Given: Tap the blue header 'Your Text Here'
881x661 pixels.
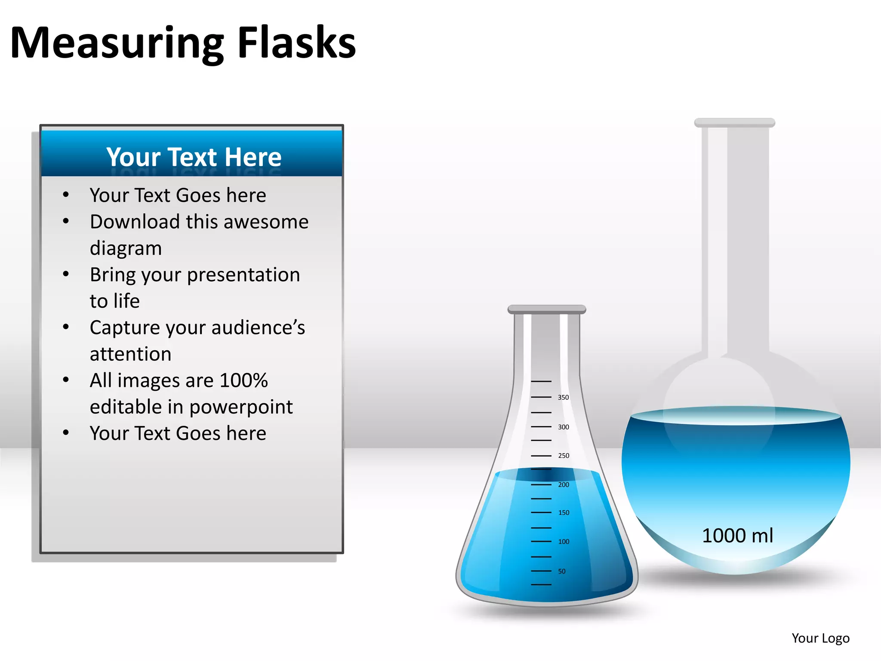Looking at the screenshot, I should [x=194, y=157].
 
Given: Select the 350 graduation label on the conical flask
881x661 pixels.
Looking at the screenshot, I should [x=563, y=397].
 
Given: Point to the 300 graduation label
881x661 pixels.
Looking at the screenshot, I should [x=563, y=427].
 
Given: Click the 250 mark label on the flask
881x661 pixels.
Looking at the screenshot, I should [x=564, y=455].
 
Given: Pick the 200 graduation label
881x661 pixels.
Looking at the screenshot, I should [x=564, y=485].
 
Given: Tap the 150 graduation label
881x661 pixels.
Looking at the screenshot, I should [x=564, y=513].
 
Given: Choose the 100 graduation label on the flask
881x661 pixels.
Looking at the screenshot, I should [x=564, y=541].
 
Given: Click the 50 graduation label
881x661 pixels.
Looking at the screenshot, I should [x=562, y=571].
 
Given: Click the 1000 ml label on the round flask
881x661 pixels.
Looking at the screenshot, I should [x=737, y=536].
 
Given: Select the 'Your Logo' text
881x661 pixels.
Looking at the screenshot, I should [x=820, y=638].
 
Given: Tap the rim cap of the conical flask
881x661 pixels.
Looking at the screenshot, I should [x=546, y=309].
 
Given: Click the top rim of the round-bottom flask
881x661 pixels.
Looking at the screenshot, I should [x=734, y=123].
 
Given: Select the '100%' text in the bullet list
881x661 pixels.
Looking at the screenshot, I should [x=243, y=380].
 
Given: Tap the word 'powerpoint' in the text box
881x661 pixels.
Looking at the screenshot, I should [x=241, y=407].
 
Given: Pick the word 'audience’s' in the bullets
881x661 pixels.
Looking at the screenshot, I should [x=258, y=328].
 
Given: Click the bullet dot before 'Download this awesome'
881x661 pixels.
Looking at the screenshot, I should [x=66, y=221].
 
